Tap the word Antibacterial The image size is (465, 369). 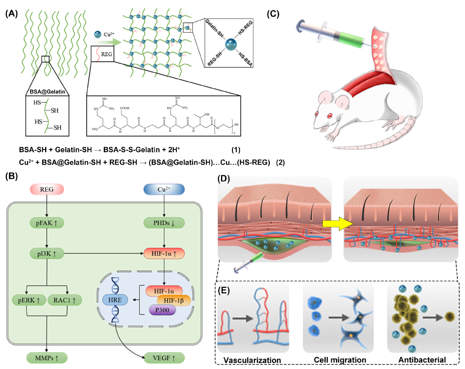pyautogui.click(x=422, y=360)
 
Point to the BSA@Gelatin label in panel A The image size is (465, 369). pyautogui.click(x=45, y=90)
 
